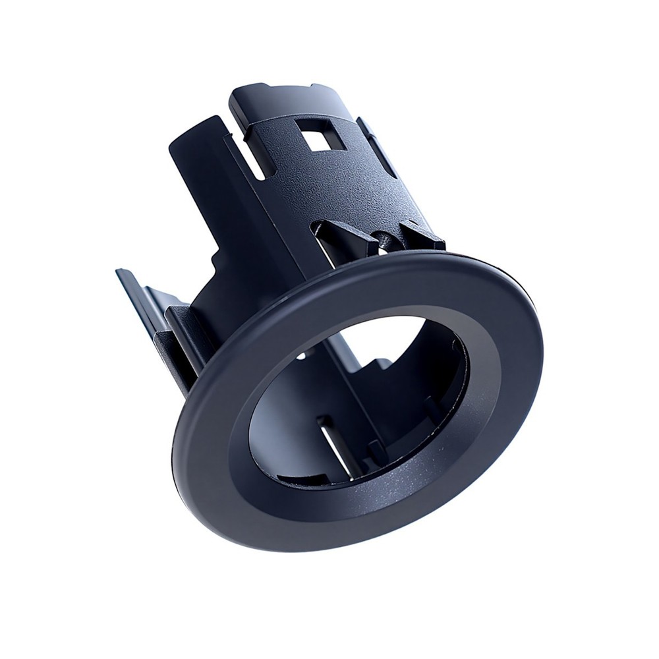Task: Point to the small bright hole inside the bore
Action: tap(301, 356)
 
